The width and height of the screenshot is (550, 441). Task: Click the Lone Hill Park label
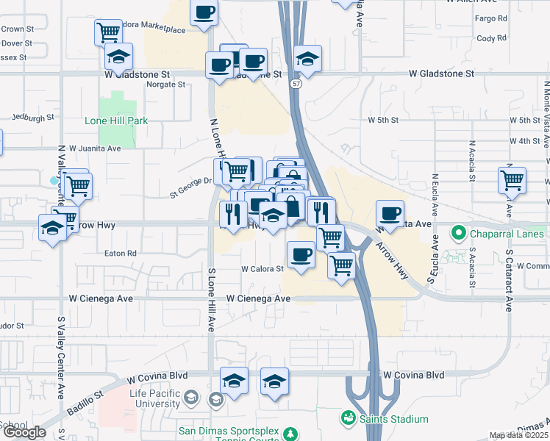pyautogui.click(x=116, y=121)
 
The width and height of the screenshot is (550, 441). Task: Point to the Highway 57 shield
pyautogui.click(x=294, y=85)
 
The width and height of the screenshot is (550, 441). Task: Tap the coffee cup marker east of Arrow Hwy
pyautogui.click(x=390, y=214)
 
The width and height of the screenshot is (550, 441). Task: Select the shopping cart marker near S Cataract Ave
pyautogui.click(x=512, y=180)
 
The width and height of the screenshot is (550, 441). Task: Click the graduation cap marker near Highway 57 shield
pyautogui.click(x=307, y=59)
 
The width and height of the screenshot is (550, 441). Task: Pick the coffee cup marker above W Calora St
pyautogui.click(x=300, y=254)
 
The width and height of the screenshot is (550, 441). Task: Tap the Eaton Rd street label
pyautogui.click(x=121, y=253)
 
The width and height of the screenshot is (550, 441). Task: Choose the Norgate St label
pyautogui.click(x=165, y=85)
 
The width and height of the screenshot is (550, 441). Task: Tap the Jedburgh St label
pyautogui.click(x=34, y=117)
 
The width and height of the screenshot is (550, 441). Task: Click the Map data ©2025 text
pyautogui.click(x=519, y=435)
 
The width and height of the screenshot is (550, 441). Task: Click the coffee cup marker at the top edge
pyautogui.click(x=204, y=13)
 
